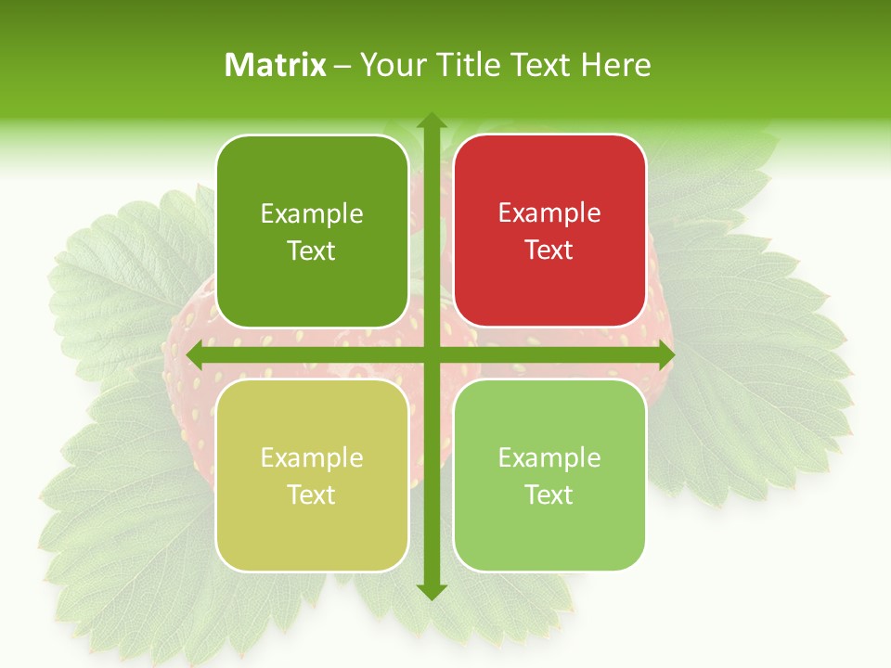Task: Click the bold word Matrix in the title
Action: coord(276,65)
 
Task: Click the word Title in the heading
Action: coord(462,65)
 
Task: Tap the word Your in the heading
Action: coord(392,65)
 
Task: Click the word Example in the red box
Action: coord(549,213)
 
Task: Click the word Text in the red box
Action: coord(549,250)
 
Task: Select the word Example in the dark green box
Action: coord(312,214)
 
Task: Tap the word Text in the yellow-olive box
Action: coord(312,495)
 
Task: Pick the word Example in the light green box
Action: coord(549,458)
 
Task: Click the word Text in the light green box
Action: coord(549,495)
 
